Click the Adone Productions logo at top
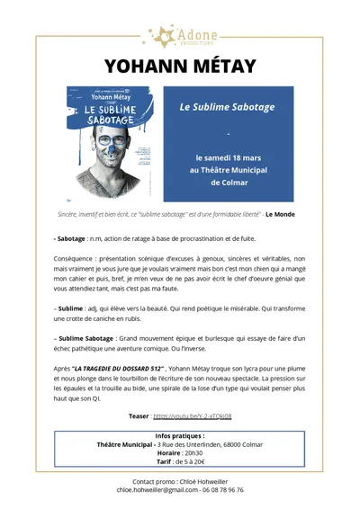click(x=179, y=36)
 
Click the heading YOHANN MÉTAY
click(x=180, y=67)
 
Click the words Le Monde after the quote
click(x=280, y=214)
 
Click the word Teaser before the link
click(x=139, y=416)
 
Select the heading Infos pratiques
click(x=180, y=436)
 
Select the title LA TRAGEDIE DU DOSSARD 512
click(x=115, y=369)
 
